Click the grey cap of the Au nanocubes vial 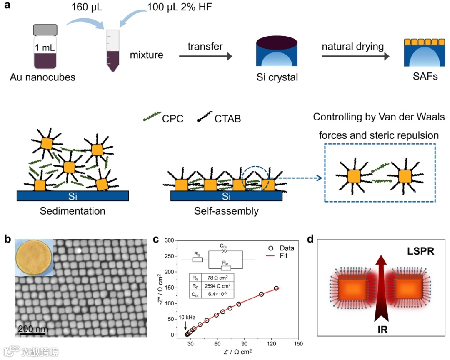[45, 30]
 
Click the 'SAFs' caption [421, 76]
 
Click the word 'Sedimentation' [72, 211]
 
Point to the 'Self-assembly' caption [226, 211]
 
